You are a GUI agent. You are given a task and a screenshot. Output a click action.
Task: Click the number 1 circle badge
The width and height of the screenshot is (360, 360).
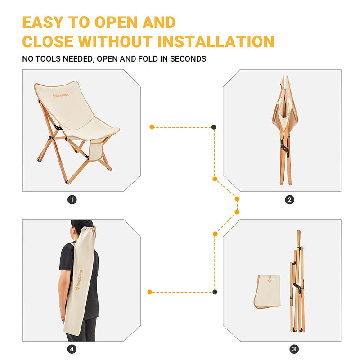click(x=72, y=200)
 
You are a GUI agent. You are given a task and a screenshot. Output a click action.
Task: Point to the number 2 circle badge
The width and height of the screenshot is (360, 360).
click(x=289, y=200)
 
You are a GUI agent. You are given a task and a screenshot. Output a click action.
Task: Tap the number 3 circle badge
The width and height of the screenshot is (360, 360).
click(x=294, y=349)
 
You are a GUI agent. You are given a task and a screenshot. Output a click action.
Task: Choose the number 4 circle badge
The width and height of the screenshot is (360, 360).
click(x=72, y=349)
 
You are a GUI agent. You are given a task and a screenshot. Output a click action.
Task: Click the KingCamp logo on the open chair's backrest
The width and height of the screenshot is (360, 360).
click(x=61, y=95)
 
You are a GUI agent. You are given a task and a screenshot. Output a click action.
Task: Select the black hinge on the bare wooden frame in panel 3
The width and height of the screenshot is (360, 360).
click(x=297, y=288)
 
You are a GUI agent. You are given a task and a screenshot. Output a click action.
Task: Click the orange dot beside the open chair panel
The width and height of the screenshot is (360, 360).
click(x=152, y=127)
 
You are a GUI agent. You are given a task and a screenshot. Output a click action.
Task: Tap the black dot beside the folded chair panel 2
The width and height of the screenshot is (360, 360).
click(x=214, y=127)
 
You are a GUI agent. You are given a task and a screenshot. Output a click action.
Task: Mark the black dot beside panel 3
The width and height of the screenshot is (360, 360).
click(x=215, y=292)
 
